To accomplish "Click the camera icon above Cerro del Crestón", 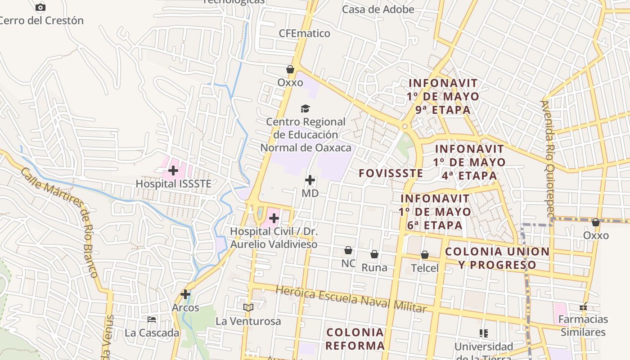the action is pos(40,7).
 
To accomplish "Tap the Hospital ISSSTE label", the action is pos(173,184).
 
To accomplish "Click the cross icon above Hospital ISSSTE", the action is pos(173,171).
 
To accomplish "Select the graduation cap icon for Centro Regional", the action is pos(306,108).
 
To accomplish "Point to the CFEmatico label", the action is pos(304,33).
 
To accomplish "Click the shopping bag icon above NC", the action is pos(348,250).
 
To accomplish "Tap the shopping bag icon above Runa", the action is pos(374,254).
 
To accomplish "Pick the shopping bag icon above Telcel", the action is pos(425,255).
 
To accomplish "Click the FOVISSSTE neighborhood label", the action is pos(391,173).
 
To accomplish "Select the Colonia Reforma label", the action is pos(355,339).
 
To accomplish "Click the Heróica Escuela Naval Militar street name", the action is pos(351,299).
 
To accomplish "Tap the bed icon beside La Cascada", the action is pos(152,319).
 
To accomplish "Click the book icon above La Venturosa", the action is pos(248,307).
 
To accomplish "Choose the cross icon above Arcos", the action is pos(185,294).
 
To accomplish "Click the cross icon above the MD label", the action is pos(310,180).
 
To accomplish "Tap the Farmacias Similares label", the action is pos(583,326).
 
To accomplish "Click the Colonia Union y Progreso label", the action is pos(497,258).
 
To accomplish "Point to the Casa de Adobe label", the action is pos(378,9).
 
